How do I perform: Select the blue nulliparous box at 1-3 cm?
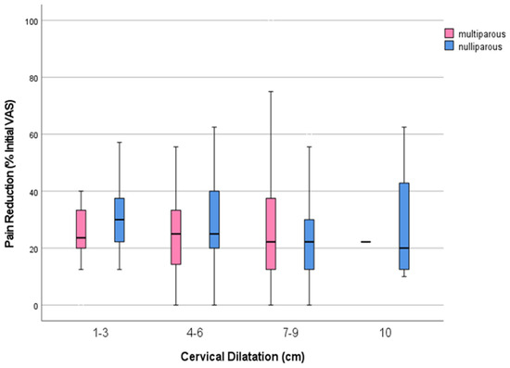tap(120, 220)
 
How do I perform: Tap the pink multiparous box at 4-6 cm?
tap(176, 237)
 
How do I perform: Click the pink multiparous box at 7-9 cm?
tap(271, 234)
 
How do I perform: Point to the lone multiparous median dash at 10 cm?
tap(365, 242)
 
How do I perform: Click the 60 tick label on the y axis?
tap(35, 134)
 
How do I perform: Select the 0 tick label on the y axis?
tap(38, 306)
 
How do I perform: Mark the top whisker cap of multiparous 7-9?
tap(271, 92)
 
